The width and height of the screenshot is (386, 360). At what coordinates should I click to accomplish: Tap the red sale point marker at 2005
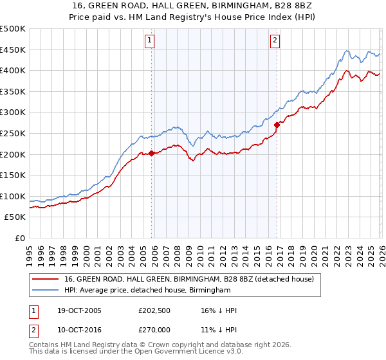pyautogui.click(x=152, y=153)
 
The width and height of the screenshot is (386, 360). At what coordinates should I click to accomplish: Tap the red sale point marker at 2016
pyautogui.click(x=277, y=125)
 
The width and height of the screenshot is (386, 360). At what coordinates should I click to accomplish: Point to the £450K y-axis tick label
pyautogui.click(x=13, y=50)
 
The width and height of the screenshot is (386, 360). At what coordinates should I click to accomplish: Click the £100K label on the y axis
pyautogui.click(x=13, y=196)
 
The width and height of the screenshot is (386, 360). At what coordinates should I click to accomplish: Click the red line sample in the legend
pyautogui.click(x=45, y=279)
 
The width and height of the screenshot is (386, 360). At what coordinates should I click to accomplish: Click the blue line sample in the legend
pyautogui.click(x=45, y=291)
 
